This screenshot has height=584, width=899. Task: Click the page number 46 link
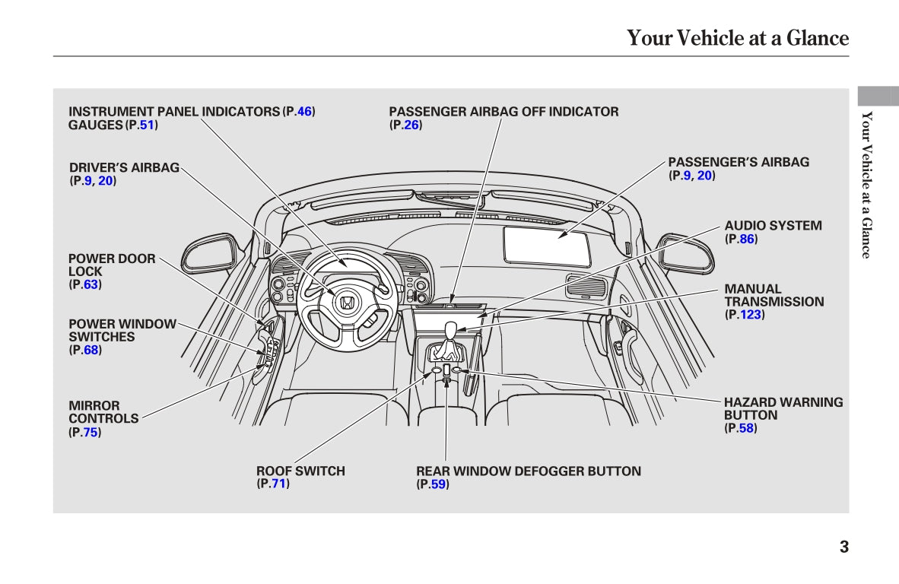(x=304, y=112)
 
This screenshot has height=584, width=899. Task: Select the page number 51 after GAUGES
(x=147, y=125)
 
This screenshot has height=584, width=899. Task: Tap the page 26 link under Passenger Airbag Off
(x=411, y=125)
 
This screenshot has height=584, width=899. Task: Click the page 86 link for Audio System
(x=747, y=239)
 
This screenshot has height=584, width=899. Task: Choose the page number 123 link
(x=751, y=314)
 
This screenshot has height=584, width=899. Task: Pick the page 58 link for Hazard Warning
(x=746, y=428)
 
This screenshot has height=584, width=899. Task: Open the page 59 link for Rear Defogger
(x=438, y=484)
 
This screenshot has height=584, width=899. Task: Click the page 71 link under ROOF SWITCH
(x=278, y=484)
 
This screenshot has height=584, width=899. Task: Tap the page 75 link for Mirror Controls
(x=91, y=432)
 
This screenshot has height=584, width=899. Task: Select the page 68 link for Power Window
(x=91, y=350)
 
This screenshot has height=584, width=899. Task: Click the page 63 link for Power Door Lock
(x=91, y=284)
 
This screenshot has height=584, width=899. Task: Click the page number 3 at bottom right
(x=844, y=547)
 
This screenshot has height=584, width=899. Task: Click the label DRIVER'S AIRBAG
(x=125, y=167)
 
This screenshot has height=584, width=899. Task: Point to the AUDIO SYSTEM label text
(x=773, y=226)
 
